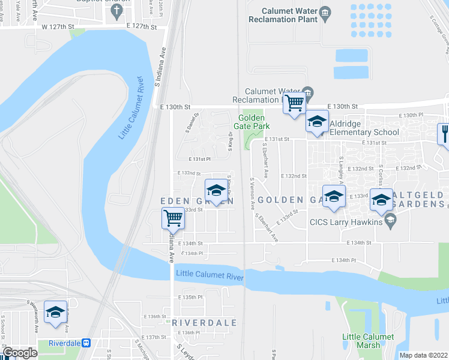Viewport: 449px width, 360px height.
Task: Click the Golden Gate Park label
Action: (x=254, y=122)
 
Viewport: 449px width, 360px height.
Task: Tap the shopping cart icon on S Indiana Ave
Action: (x=173, y=218)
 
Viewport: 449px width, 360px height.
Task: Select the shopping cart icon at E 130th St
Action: (x=294, y=104)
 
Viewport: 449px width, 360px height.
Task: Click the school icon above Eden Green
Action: (x=215, y=191)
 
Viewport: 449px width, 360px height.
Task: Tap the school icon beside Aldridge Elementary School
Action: (x=317, y=122)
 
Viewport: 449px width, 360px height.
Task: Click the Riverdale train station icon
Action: (x=86, y=343)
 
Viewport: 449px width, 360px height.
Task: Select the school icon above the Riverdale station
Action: (x=55, y=312)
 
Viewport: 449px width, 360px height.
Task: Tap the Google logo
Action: (x=20, y=353)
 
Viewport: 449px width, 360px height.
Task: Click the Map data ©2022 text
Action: (x=423, y=355)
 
